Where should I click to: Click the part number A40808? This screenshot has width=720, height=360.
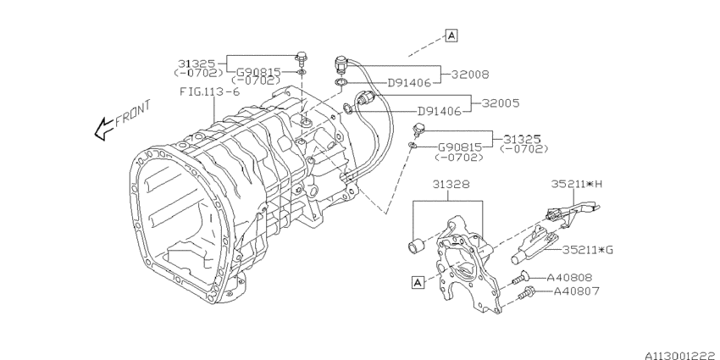(569, 277)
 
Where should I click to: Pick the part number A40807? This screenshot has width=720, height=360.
(576, 292)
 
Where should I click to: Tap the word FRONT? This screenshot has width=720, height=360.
(133, 113)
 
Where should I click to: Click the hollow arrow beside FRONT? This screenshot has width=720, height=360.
(103, 130)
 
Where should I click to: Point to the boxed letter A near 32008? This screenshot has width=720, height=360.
(451, 36)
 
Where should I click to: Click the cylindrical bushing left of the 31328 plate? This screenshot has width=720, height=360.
(416, 246)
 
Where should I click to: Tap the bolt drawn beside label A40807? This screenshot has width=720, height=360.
(525, 293)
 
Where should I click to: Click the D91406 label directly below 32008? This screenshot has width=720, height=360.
(411, 84)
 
